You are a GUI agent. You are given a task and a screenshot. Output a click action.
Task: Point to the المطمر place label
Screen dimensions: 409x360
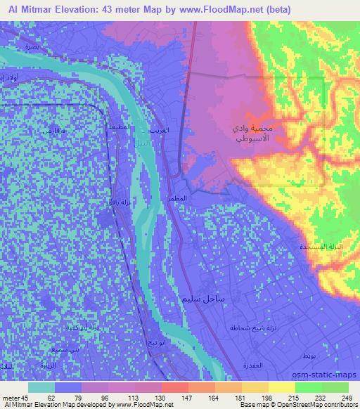(177, 199)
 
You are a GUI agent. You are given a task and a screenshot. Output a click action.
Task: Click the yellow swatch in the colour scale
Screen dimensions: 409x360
(281, 387)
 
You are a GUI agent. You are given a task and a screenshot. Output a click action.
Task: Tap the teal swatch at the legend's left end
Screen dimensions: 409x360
(42, 387)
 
